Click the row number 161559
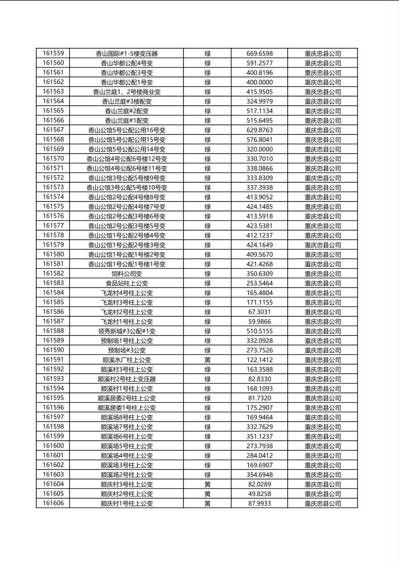tap(53, 53)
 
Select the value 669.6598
tap(259, 54)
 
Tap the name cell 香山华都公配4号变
tap(127, 63)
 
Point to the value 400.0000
tap(259, 82)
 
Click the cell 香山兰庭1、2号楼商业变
tap(127, 92)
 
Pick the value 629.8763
tap(259, 130)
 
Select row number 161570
tap(53, 159)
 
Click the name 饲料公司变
tap(127, 274)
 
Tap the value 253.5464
tap(259, 283)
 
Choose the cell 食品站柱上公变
tap(127, 283)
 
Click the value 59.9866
tap(259, 321)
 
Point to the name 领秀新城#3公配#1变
tap(127, 331)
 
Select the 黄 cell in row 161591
tap(208, 360)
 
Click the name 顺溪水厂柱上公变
tap(127, 360)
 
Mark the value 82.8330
tap(259, 379)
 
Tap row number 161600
tap(53, 446)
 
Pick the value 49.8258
tap(259, 494)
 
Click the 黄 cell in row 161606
tap(208, 503)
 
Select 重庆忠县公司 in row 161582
tap(323, 274)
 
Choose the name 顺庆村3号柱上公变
tap(127, 484)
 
